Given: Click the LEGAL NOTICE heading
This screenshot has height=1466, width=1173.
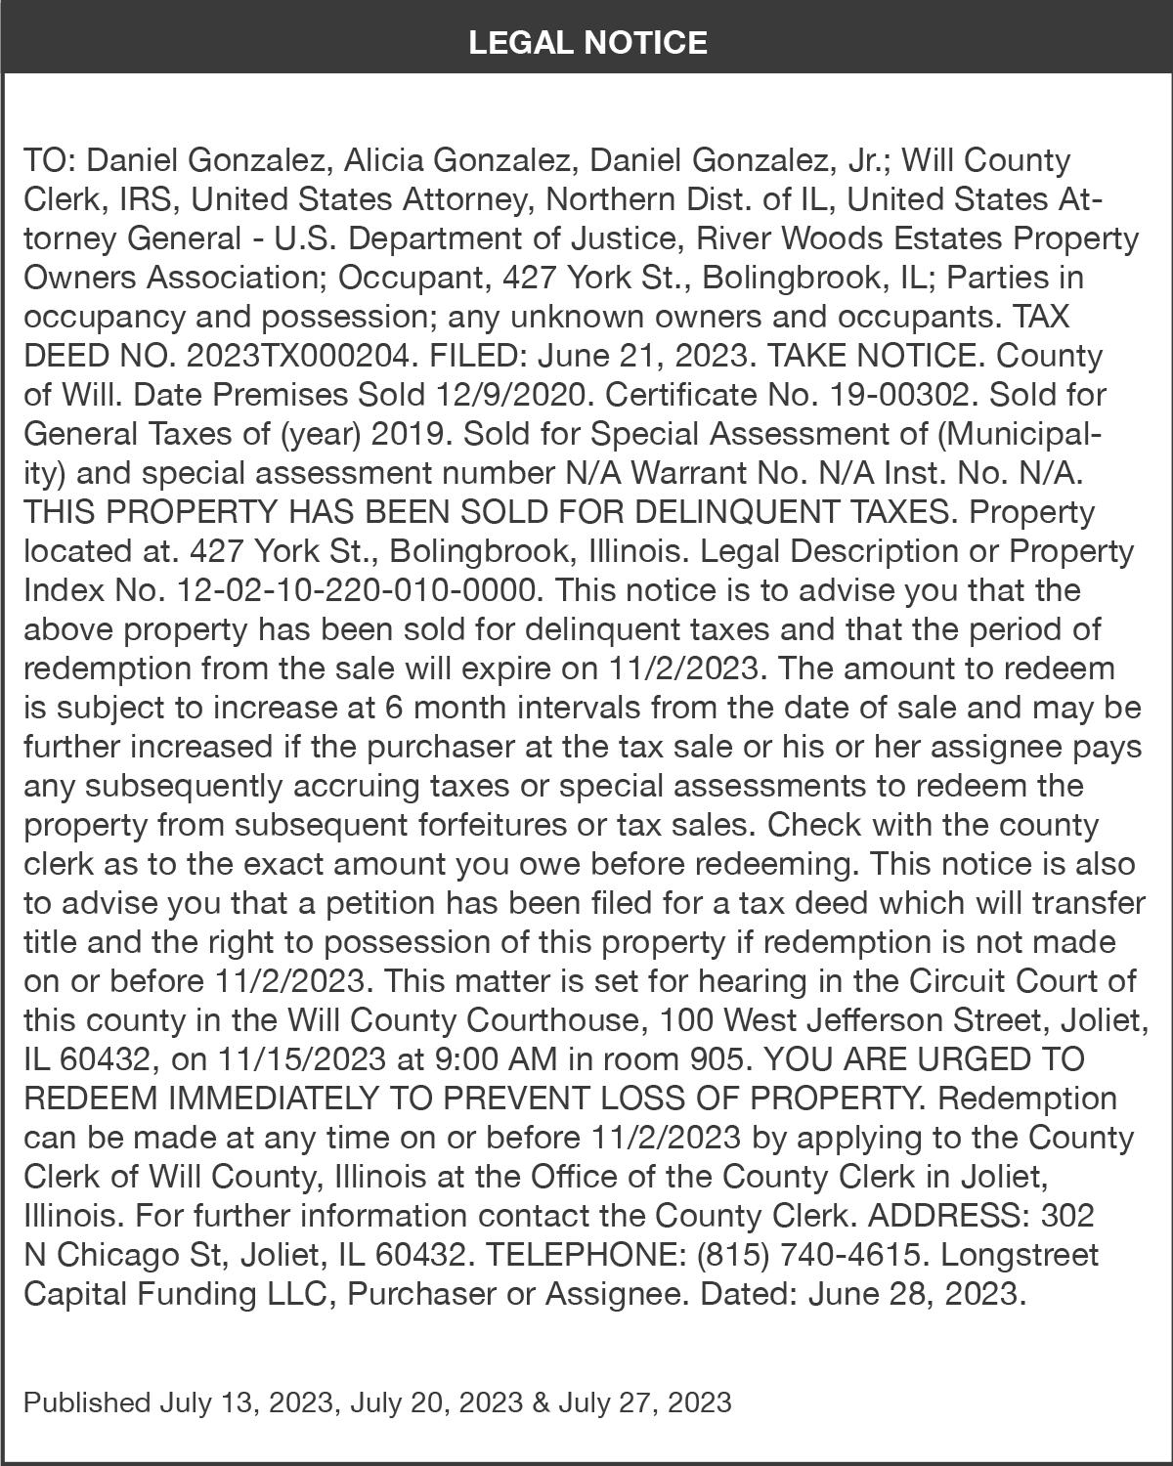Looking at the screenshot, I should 586,42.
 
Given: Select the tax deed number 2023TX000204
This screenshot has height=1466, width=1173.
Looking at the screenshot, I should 297,356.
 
